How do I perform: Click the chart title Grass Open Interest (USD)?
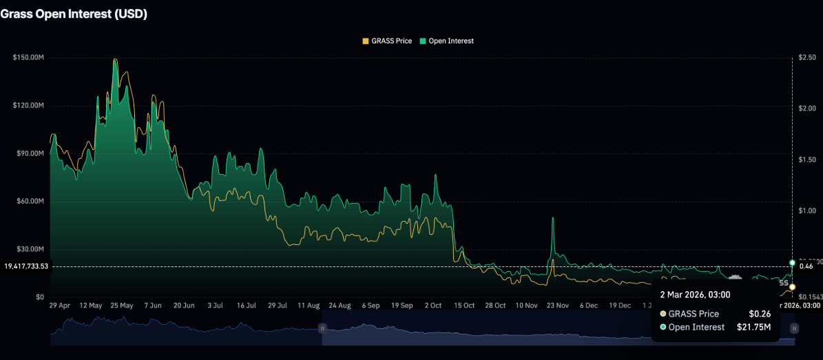pos(74,14)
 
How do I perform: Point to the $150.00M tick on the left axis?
pos(28,57)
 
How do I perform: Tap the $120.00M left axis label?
pos(28,105)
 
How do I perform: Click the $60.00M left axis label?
pos(30,201)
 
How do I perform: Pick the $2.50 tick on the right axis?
pos(806,57)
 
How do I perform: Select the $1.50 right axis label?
pos(806,159)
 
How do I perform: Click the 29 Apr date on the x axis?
pos(60,305)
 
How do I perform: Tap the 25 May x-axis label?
pos(122,305)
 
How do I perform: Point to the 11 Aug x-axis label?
pos(309,305)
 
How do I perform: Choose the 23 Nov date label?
pos(557,305)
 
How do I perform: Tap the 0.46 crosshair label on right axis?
pos(806,266)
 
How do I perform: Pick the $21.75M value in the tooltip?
pos(753,327)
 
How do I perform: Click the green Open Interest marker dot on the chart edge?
pos(792,263)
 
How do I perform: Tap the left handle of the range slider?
pos(322,328)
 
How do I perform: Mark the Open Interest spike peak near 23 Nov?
pos(553,218)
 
